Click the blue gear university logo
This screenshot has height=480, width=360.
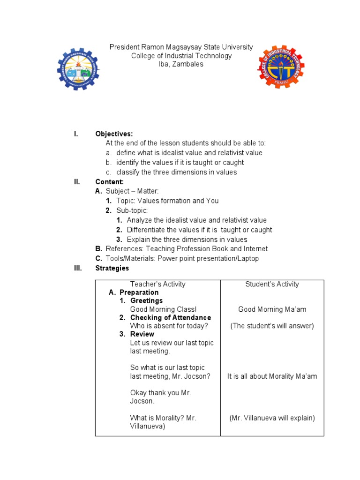pos(78,69)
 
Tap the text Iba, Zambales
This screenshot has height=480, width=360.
pos(181,65)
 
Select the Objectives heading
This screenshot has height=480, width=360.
pos(114,134)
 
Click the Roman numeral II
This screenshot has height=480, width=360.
pos(77,182)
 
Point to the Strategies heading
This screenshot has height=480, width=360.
pos(112,268)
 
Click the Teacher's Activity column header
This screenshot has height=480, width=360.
pos(157,284)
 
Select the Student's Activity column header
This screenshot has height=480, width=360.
pos(272,284)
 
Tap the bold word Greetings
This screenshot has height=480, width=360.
pos(146,300)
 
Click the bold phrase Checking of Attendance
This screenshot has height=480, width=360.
pos(171,317)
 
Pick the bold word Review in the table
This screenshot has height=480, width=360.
pos(142,334)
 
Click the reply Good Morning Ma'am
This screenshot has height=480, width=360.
pos(272,309)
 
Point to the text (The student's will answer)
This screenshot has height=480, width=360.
pos(272,326)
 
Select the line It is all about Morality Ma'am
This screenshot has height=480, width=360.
pos(272,376)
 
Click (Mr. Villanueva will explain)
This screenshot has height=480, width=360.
pos(272,418)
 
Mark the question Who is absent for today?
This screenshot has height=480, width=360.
pos(169,326)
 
